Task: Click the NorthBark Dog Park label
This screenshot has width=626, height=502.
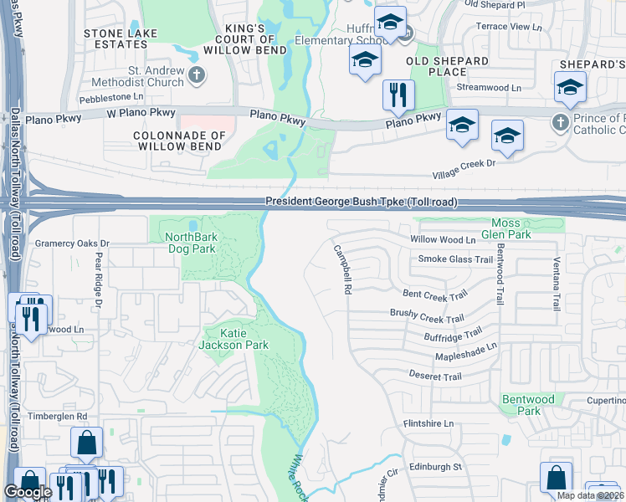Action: click(x=191, y=243)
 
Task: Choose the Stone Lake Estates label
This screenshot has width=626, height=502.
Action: click(x=116, y=38)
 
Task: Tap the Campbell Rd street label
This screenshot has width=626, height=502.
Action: click(x=341, y=269)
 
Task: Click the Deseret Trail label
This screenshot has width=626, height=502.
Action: click(x=435, y=376)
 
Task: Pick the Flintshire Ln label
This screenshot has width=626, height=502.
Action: click(x=428, y=423)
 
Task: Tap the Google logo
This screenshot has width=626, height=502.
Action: click(x=28, y=492)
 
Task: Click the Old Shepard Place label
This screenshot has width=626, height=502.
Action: click(x=447, y=67)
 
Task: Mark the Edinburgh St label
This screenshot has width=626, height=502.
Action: click(x=435, y=466)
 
